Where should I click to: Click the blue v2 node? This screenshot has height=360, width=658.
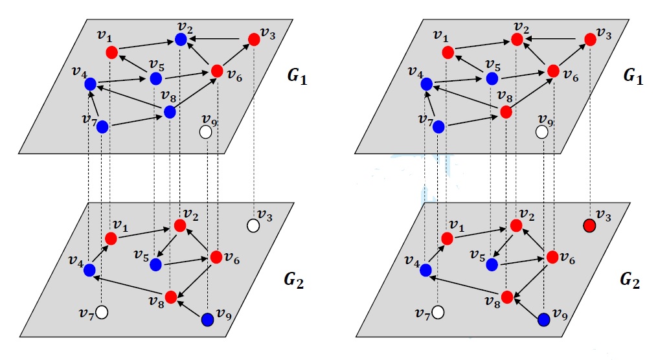(x=181, y=39)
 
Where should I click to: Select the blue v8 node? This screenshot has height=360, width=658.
(x=170, y=112)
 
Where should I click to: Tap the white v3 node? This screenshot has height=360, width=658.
(x=253, y=225)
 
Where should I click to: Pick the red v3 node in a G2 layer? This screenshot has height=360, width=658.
(x=589, y=225)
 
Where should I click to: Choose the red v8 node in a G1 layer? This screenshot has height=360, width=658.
(x=506, y=112)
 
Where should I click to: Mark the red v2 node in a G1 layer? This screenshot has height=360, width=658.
(x=517, y=39)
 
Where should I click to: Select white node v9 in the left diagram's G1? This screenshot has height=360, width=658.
(x=206, y=132)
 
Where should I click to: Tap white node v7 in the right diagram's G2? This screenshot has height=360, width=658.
(x=438, y=312)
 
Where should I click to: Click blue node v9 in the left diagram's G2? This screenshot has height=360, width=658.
(x=207, y=319)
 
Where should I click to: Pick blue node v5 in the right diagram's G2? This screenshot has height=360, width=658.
(x=492, y=264)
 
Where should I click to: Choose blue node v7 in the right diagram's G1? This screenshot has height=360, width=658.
(x=438, y=127)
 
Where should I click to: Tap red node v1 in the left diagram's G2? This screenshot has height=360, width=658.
(x=111, y=239)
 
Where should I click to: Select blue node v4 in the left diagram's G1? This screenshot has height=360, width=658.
(x=90, y=84)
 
